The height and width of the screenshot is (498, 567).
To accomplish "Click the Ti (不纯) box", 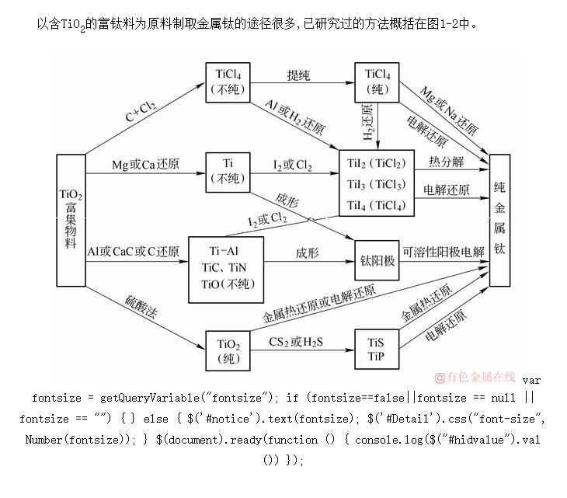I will click(228, 172).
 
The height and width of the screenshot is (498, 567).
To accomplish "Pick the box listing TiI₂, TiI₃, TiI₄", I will click(377, 184).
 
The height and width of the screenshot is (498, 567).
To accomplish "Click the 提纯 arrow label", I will click(298, 75).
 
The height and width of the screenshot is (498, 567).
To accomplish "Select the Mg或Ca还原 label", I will click(145, 165).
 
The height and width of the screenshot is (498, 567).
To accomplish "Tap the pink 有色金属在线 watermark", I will click(475, 377).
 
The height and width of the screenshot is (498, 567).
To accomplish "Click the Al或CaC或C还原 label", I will click(133, 252).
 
